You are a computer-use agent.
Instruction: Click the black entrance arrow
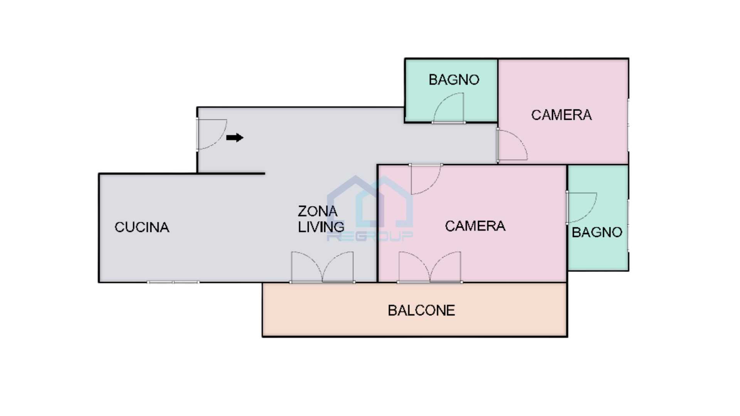click(235, 138)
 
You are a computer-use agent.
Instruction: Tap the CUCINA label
click(142, 227)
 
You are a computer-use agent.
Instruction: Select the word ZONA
click(318, 211)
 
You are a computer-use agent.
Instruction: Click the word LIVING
click(321, 227)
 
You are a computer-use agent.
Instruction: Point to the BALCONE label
click(421, 310)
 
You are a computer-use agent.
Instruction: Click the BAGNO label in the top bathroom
click(454, 80)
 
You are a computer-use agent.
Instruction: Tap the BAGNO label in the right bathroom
click(597, 232)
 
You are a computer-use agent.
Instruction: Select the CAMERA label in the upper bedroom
click(562, 115)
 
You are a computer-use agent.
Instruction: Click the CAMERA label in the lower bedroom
click(475, 226)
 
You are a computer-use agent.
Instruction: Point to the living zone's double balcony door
click(322, 267)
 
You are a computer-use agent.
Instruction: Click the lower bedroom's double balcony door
click(430, 267)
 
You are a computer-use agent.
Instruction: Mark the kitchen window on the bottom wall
click(173, 282)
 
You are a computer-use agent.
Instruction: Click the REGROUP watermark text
click(370, 236)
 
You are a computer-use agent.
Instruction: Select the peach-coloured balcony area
click(415, 310)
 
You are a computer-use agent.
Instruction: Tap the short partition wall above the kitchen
click(231, 174)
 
